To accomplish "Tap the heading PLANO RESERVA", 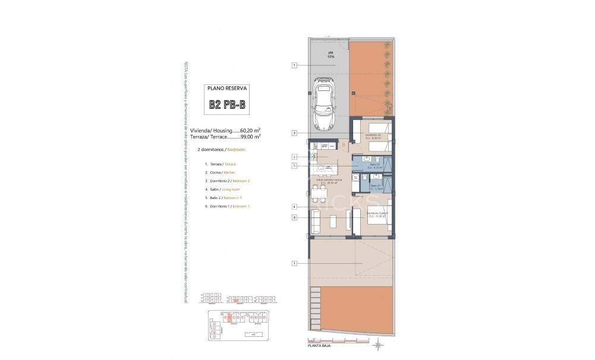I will pyautogui.click(x=227, y=88).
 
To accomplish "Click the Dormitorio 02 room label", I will pyautogui.click(x=373, y=136).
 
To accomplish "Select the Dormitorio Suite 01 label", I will pyautogui.click(x=377, y=213).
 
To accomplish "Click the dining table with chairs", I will pyautogui.click(x=320, y=194).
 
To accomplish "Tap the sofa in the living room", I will pyautogui.click(x=315, y=222).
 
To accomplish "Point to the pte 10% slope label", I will pyautogui.click(x=331, y=55).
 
